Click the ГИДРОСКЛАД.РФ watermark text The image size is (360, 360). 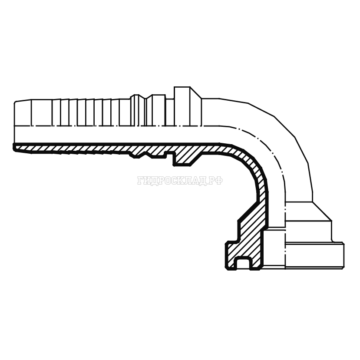(x=180, y=181)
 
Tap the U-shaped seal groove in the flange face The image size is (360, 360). (x=242, y=262)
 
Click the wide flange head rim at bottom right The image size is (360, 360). (x=314, y=255)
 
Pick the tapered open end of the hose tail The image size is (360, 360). (x=23, y=113)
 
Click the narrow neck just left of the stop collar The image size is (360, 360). (x=170, y=112)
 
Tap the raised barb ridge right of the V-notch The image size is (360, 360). (x=156, y=110)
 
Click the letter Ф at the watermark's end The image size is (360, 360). (x=219, y=181)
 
